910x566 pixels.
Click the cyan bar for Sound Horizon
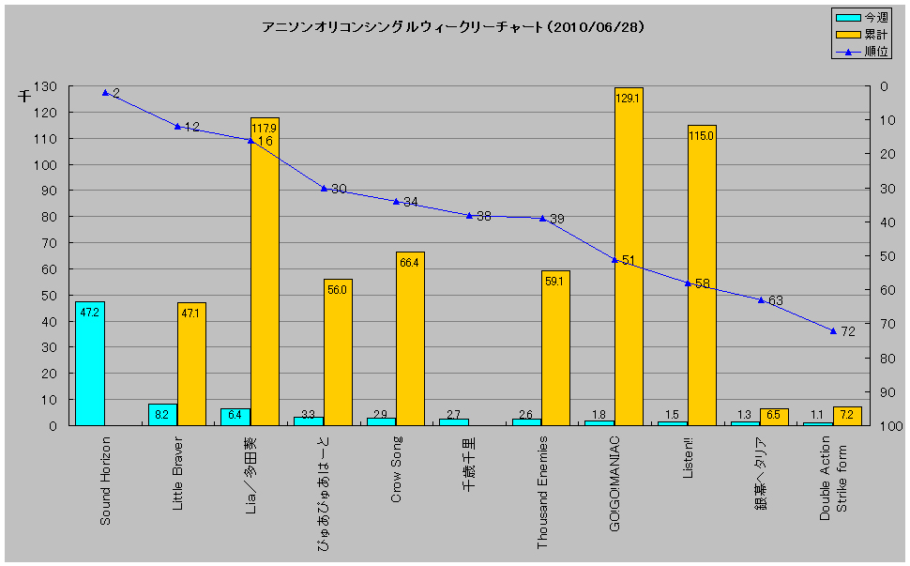pyautogui.click(x=90, y=363)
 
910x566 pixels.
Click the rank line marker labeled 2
pyautogui.click(x=105, y=93)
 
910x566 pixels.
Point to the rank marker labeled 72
pyautogui.click(x=833, y=330)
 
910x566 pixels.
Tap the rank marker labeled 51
pyautogui.click(x=614, y=259)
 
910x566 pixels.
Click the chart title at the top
pyautogui.click(x=454, y=27)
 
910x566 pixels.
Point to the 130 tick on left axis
pyautogui.click(x=45, y=86)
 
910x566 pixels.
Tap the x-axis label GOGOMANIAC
pyautogui.click(x=614, y=483)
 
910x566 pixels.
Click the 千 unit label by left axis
pyautogui.click(x=25, y=96)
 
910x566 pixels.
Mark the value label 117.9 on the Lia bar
pyautogui.click(x=265, y=127)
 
